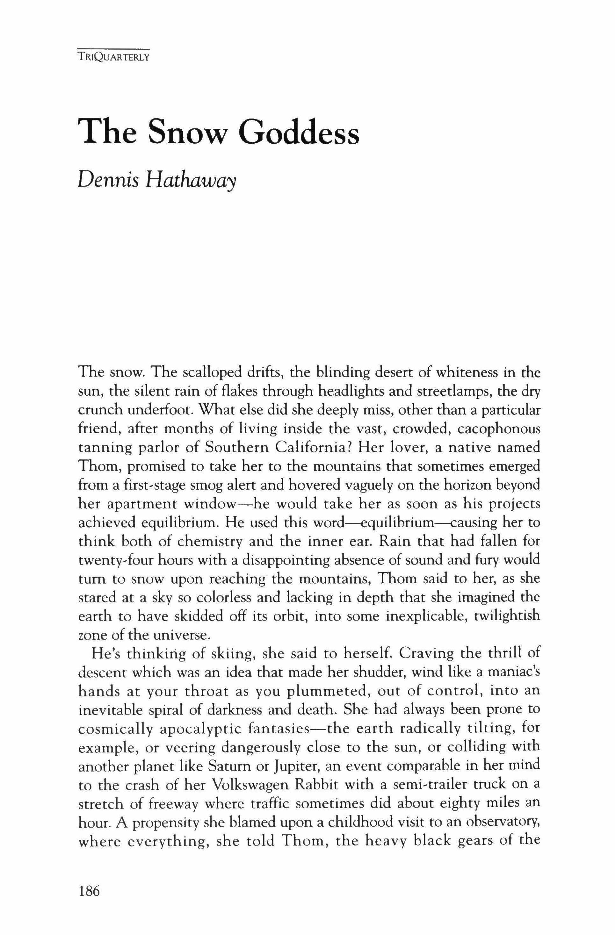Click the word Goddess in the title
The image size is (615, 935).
[300, 131]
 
